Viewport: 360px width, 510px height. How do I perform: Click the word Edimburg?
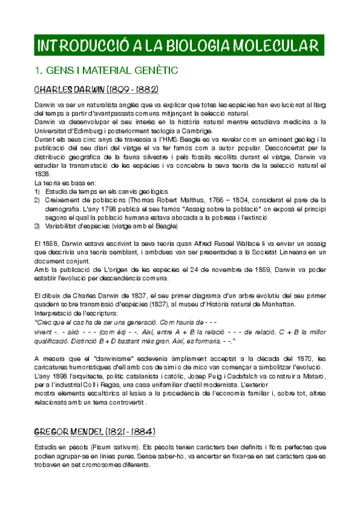[94, 130]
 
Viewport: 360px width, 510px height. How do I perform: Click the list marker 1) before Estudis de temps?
[37, 191]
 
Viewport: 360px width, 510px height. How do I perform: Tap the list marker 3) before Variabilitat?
[37, 226]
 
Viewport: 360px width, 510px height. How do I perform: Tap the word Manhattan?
[278, 304]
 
